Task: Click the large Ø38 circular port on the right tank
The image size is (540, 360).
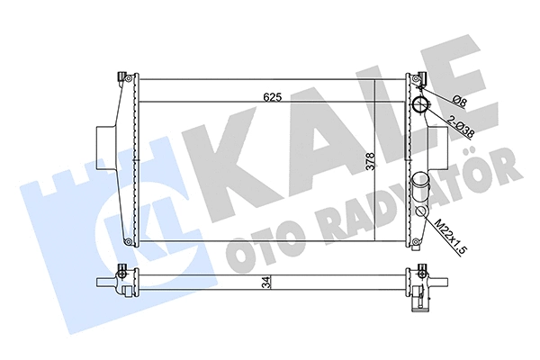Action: (421, 107)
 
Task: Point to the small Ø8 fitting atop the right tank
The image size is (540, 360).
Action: (416, 83)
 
